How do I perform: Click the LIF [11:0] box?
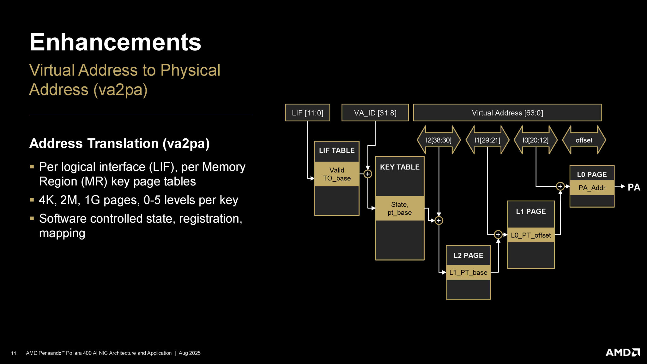[307, 113]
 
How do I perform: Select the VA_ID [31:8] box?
[375, 113]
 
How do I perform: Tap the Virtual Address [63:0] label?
[507, 113]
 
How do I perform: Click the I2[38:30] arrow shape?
[438, 140]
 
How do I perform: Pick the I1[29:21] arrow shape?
[487, 140]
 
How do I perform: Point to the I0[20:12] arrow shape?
[535, 140]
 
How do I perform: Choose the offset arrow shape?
[584, 140]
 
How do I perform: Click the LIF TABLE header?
[337, 151]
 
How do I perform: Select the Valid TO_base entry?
[337, 174]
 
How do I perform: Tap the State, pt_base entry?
[400, 208]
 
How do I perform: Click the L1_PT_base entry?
[468, 272]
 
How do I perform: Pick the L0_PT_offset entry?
[531, 235]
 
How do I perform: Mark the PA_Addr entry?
[592, 188]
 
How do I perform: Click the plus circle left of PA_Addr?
[560, 186]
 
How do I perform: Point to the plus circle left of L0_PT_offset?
[498, 234]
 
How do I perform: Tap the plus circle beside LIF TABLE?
[368, 174]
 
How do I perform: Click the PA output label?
[634, 187]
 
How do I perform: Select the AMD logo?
[622, 352]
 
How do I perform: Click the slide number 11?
[14, 353]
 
